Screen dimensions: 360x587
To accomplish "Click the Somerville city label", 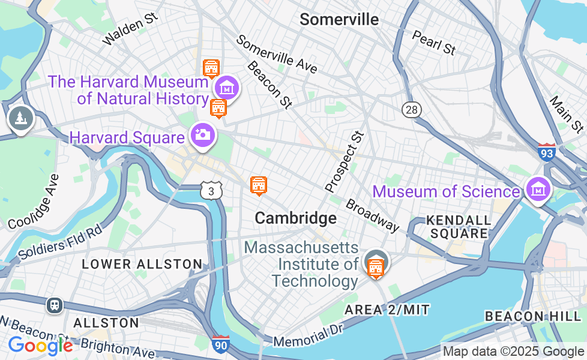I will (x=339, y=20).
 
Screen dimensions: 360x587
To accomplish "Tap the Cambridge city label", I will (x=295, y=218).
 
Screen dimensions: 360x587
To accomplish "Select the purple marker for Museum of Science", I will (x=538, y=189).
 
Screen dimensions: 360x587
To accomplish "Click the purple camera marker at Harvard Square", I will (x=203, y=134).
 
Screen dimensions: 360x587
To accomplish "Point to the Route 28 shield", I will (x=412, y=110).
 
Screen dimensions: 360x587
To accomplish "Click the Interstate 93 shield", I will (x=546, y=151).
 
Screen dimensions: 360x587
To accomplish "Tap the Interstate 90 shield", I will (x=220, y=344).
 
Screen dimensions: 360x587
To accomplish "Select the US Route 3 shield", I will (x=211, y=190).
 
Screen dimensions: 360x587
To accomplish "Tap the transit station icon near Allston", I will (x=55, y=305).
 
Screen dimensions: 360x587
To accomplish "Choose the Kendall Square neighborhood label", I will (x=459, y=227).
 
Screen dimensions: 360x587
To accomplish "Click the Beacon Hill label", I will (x=533, y=316).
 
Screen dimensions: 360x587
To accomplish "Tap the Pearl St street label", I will (x=433, y=42).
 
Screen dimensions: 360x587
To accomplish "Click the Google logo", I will (x=40, y=346).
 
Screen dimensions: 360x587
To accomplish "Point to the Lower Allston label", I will (x=142, y=264).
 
